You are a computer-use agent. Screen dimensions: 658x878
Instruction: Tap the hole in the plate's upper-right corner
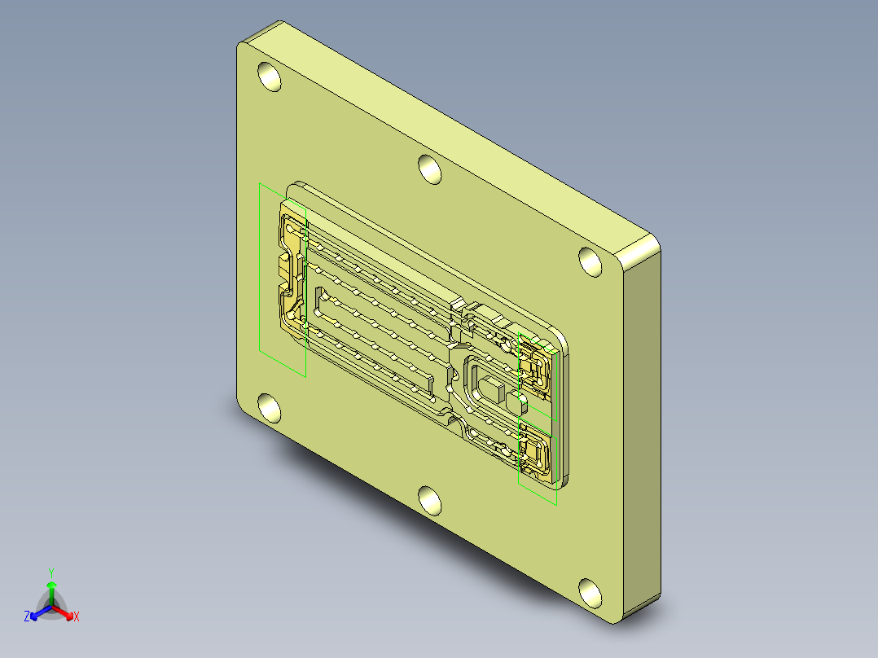(590, 261)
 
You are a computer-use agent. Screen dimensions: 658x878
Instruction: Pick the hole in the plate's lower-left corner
(268, 407)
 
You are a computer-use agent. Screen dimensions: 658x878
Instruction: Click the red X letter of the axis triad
(77, 616)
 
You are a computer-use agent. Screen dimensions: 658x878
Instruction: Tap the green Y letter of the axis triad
(50, 572)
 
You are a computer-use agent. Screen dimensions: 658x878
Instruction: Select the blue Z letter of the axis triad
(27, 616)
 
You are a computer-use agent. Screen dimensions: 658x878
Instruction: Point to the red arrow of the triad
(65, 612)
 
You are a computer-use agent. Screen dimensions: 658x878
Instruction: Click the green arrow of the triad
(51, 588)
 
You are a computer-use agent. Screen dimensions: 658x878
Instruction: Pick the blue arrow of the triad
(37, 612)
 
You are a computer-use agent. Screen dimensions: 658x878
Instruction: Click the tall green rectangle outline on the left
(260, 269)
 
